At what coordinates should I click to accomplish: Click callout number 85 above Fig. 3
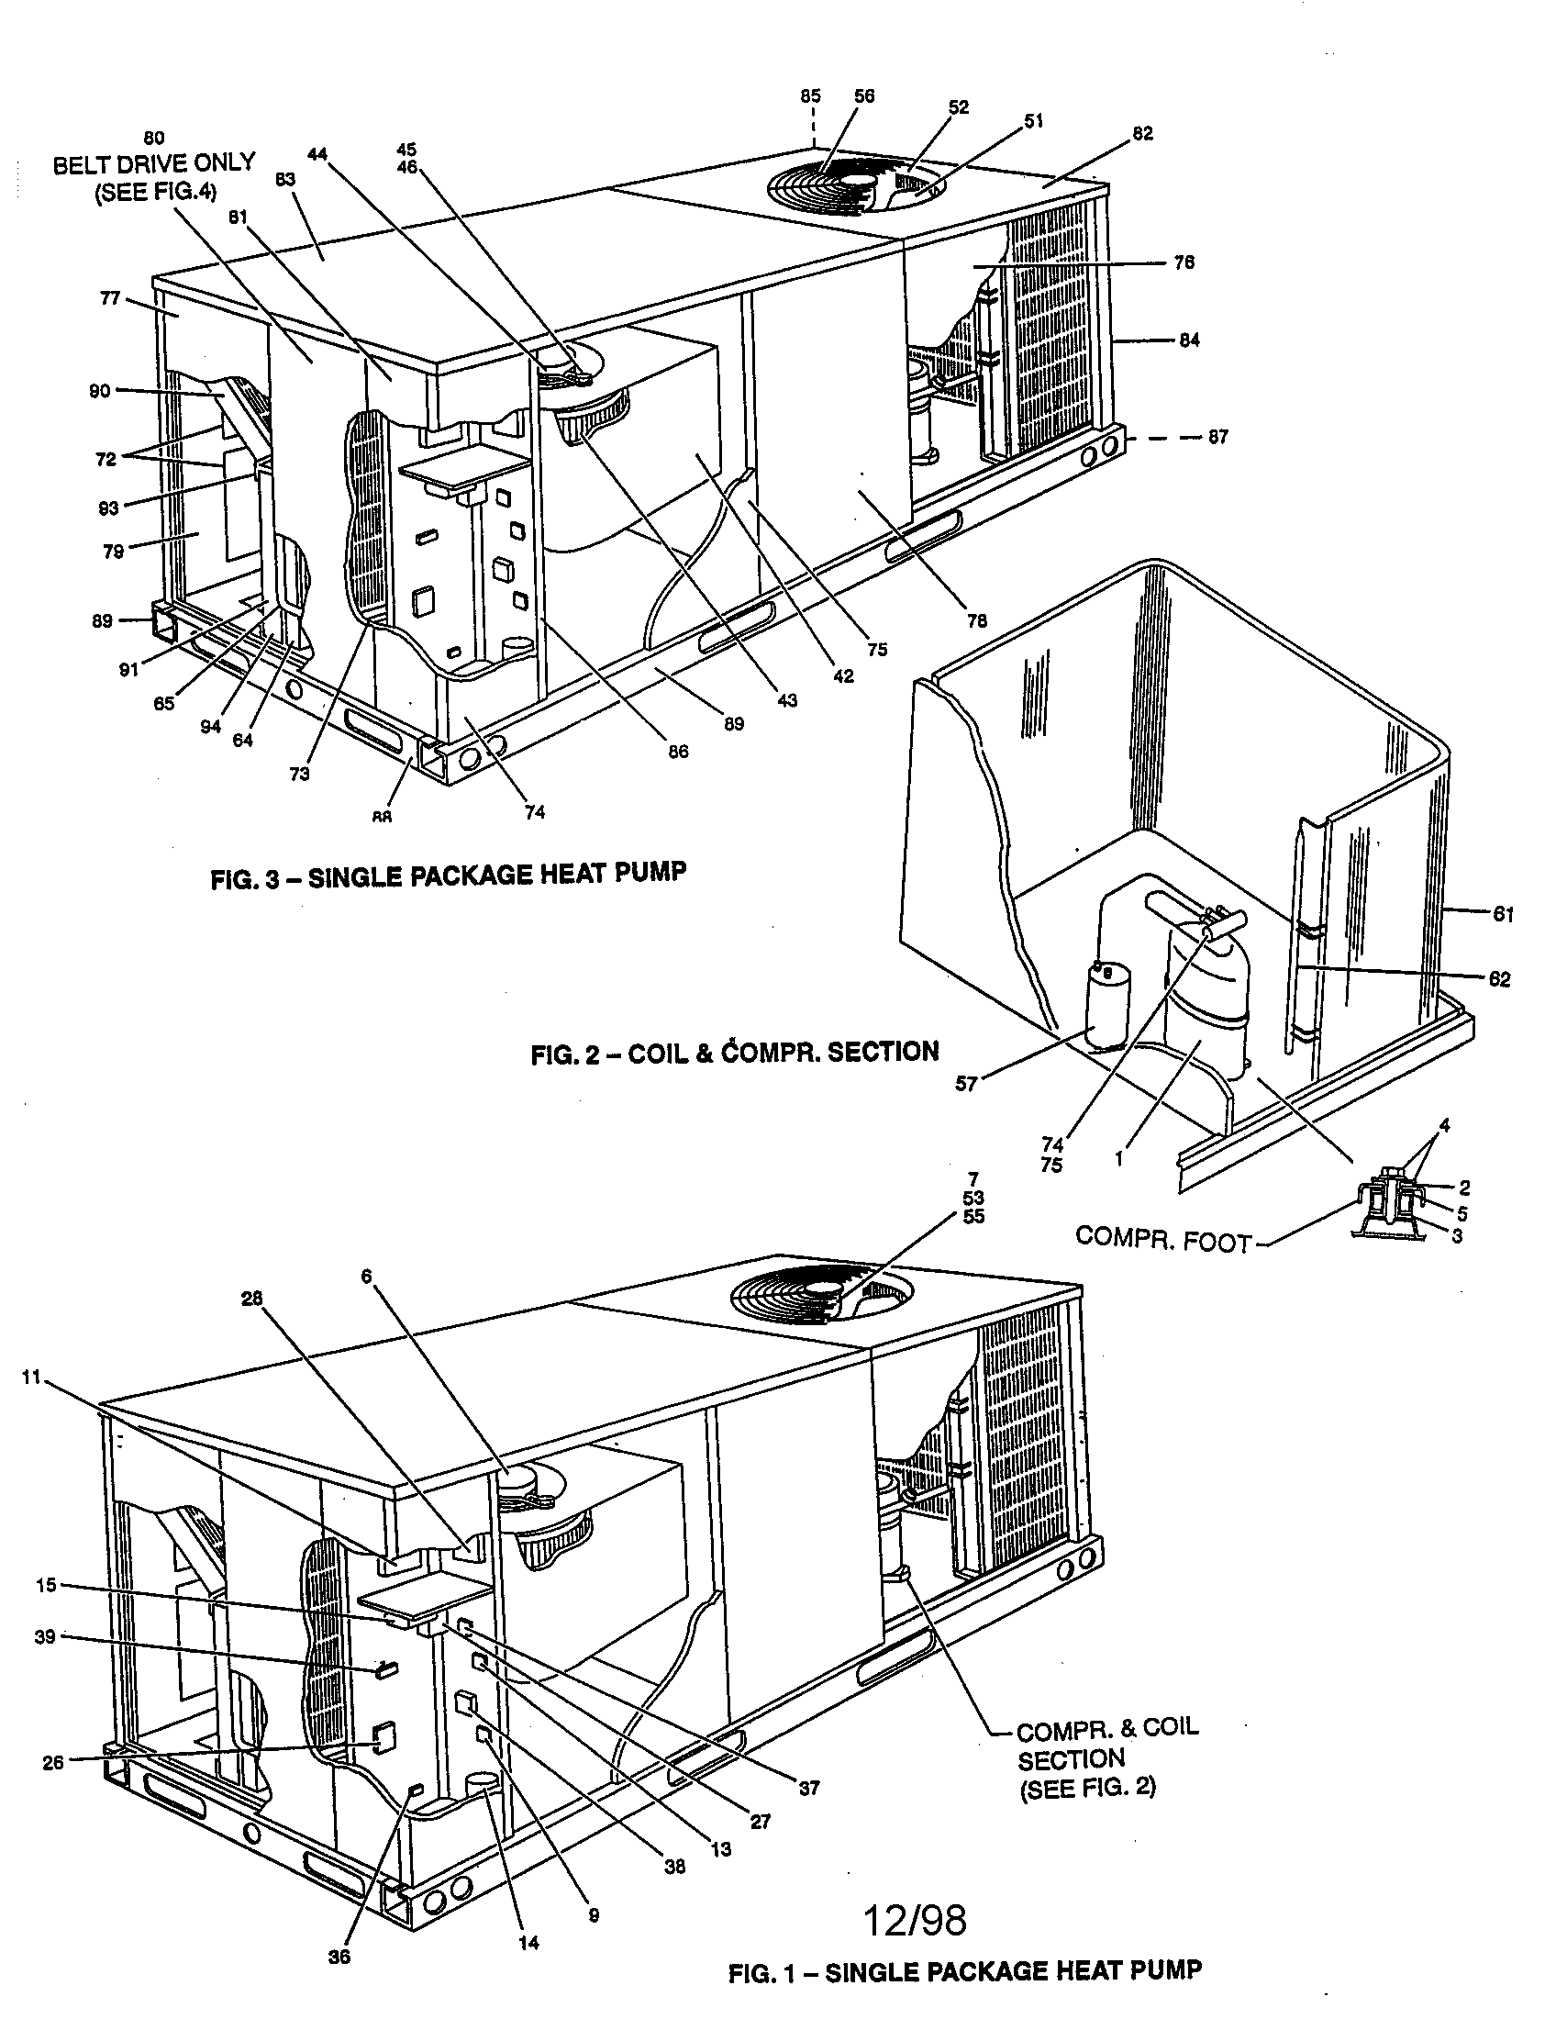[x=810, y=95]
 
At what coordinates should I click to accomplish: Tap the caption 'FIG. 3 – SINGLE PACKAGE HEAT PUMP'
[x=448, y=875]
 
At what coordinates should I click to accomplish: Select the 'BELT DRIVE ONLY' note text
[x=153, y=164]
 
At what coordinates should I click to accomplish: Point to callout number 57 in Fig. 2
[x=965, y=1085]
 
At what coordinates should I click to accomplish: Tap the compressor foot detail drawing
[x=1391, y=1206]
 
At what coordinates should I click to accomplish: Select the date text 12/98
[x=915, y=1921]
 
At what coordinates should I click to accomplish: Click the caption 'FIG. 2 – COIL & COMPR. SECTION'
[x=735, y=1053]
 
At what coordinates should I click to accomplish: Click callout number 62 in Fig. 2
[x=1499, y=979]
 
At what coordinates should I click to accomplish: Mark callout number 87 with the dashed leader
[x=1217, y=436]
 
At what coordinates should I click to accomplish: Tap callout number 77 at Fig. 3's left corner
[x=110, y=298]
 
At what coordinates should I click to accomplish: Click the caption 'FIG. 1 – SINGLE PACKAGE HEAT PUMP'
[x=964, y=1973]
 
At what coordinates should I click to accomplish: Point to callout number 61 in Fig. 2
[x=1503, y=914]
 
